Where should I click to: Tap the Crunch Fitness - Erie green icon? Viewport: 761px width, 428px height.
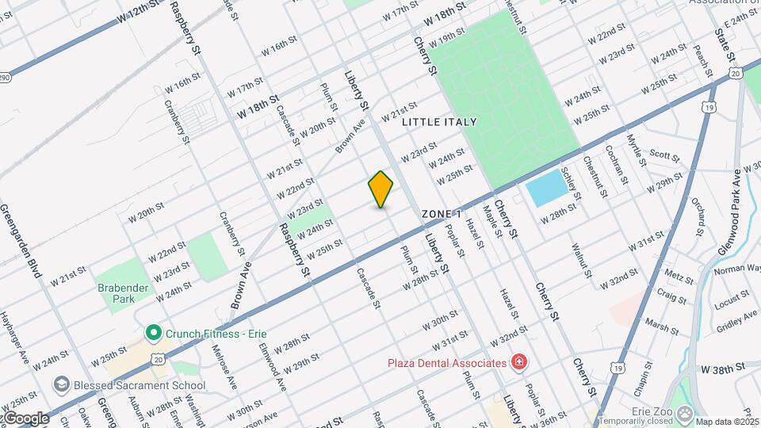point(153,333)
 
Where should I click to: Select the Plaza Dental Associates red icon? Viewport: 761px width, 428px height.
point(519,363)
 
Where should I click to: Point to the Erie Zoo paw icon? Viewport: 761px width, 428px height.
point(686,412)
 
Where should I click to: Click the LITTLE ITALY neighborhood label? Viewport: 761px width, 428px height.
point(439,122)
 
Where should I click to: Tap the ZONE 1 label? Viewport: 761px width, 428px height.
point(442,214)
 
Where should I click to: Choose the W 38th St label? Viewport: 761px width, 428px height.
point(724,369)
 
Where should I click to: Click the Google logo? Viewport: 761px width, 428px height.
point(25,418)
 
